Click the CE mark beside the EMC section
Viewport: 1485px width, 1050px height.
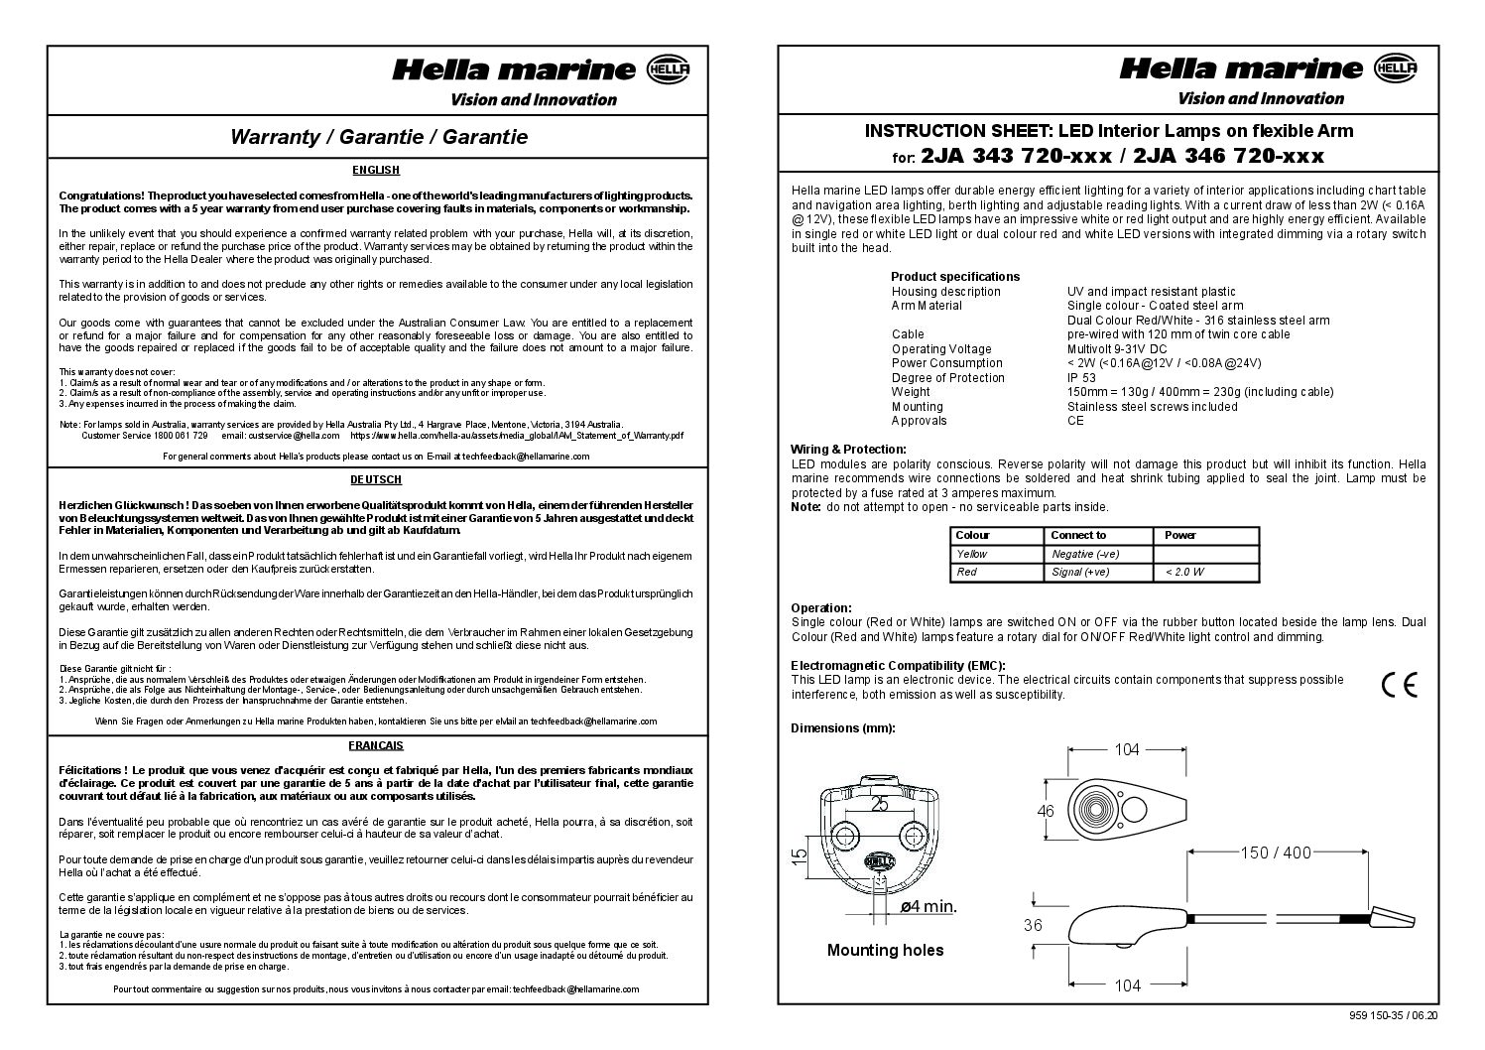pos(1399,686)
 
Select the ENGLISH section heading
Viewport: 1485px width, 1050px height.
pos(376,171)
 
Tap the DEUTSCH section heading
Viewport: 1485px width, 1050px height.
pos(376,479)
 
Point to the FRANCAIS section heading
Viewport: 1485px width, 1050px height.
pos(376,745)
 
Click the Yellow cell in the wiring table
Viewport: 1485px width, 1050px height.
pos(972,554)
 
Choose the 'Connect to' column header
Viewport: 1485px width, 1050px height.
pos(1078,535)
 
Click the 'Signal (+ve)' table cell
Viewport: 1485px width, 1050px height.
pos(1079,572)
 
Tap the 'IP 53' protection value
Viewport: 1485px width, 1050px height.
pos(1082,378)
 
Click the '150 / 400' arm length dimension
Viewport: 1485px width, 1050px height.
pos(1275,853)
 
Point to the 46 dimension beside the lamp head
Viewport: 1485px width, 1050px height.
pos(1046,811)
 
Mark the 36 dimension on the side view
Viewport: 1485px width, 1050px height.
pos(1033,925)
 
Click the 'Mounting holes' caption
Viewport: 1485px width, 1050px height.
pos(885,951)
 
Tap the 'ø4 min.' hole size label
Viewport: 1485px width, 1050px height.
pos(928,905)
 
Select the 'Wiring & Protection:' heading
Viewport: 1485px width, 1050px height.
pos(848,450)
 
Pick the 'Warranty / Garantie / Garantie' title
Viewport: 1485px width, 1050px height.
pos(378,137)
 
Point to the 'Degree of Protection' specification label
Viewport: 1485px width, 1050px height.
pos(947,378)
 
